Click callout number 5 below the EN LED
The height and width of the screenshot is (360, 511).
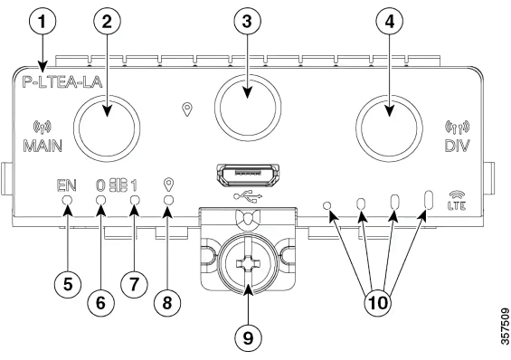click(67, 281)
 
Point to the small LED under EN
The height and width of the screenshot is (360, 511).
click(67, 213)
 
